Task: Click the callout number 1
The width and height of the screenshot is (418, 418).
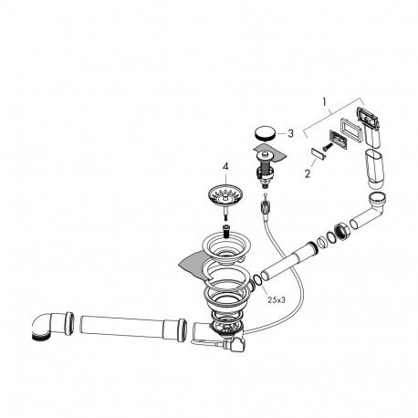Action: (325, 102)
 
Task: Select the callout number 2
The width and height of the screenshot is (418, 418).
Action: (308, 173)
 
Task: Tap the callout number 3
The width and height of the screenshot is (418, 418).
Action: (290, 133)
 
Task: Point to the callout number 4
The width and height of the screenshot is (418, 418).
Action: (225, 166)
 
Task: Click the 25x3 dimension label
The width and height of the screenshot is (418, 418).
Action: (277, 300)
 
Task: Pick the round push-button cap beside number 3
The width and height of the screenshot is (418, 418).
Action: (265, 134)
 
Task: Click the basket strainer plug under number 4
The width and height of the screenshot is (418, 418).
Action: (224, 199)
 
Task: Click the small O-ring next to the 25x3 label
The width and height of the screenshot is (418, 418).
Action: (256, 280)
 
